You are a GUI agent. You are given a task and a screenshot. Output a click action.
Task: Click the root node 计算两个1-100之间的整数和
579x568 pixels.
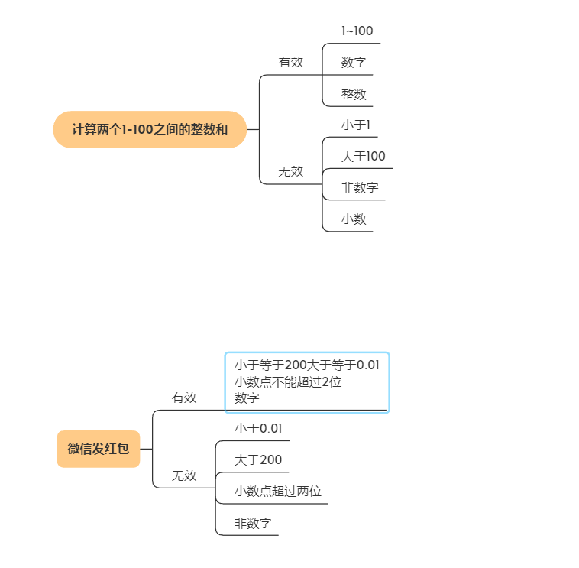tap(150, 129)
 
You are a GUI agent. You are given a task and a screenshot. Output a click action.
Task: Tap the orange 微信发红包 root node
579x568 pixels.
tap(99, 449)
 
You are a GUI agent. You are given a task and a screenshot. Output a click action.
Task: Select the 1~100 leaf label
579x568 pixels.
tap(357, 31)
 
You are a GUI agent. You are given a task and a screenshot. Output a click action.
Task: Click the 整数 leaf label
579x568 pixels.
tap(354, 95)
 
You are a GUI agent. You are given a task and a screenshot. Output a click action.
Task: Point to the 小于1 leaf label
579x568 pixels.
tap(355, 125)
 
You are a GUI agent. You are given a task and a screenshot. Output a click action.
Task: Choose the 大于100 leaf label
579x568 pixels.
tap(363, 157)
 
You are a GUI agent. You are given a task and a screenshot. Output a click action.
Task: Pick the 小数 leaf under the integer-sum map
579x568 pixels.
tap(354, 219)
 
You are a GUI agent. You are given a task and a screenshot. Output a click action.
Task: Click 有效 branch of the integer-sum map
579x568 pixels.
tap(290, 63)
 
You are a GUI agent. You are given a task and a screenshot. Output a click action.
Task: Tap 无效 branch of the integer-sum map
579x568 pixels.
tap(290, 172)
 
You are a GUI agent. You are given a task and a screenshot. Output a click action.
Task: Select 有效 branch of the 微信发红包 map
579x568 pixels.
tap(184, 398)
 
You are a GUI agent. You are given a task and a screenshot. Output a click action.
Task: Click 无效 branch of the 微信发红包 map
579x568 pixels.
tap(184, 476)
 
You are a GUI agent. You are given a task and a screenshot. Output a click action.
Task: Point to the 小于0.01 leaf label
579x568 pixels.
tap(258, 429)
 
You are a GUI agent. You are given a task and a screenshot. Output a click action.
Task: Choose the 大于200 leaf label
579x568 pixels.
tap(258, 460)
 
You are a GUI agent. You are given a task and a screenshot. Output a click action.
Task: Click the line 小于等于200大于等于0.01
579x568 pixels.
tap(307, 365)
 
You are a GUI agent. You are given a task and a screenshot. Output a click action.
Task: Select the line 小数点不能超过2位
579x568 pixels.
tap(288, 382)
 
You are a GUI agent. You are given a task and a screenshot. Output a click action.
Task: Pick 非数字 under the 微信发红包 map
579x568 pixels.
tap(253, 524)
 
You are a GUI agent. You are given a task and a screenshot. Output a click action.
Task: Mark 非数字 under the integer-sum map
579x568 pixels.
tap(360, 188)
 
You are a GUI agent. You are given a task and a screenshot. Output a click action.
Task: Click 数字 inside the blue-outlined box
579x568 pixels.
tap(247, 398)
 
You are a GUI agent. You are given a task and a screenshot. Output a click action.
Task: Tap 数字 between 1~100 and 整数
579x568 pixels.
tap(354, 63)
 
